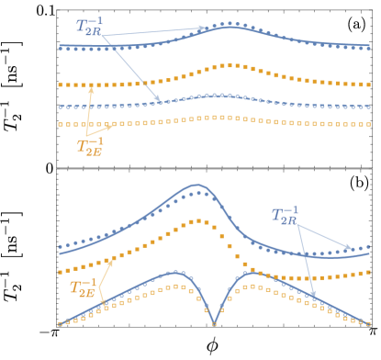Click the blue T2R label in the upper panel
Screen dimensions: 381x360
90,26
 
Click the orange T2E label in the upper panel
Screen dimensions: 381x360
90,146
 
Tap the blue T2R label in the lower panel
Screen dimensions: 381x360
286,216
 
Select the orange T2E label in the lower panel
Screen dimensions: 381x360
83,287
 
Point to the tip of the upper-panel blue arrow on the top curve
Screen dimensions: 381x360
207,28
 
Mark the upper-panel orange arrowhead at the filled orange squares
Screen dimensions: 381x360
92,85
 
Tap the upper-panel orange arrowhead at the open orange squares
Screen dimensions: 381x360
115,124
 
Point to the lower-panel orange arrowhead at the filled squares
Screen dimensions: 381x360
114,258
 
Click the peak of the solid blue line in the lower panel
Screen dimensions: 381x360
196,185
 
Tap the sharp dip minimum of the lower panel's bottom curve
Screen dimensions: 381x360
214,323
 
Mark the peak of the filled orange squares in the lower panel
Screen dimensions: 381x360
196,220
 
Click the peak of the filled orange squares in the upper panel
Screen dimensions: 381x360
230,65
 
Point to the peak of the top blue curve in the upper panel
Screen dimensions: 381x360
230,26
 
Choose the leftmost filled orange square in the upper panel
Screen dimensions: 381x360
61,84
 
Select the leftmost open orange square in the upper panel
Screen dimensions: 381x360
61,124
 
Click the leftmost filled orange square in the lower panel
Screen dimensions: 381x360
61,273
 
